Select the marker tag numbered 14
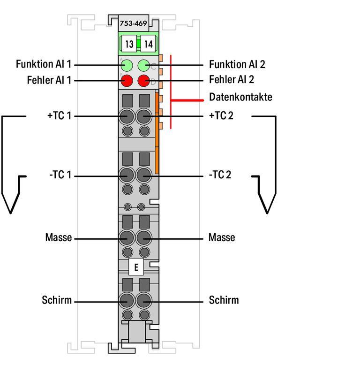tap(148, 45)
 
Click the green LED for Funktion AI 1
tap(127, 65)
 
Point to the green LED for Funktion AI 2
tap(144, 65)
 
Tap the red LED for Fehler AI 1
tap(127, 81)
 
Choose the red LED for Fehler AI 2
tap(144, 81)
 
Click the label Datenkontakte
tap(240, 97)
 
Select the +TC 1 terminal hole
tap(127, 116)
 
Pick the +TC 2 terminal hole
tap(144, 116)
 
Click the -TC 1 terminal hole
tap(127, 175)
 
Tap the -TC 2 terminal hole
tap(144, 175)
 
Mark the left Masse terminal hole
tap(127, 238)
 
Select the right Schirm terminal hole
tap(144, 300)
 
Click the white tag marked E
tap(136, 267)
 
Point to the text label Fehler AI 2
tap(232, 79)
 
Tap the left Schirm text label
tap(57, 300)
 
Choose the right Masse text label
tap(222, 238)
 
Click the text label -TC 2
tap(220, 175)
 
